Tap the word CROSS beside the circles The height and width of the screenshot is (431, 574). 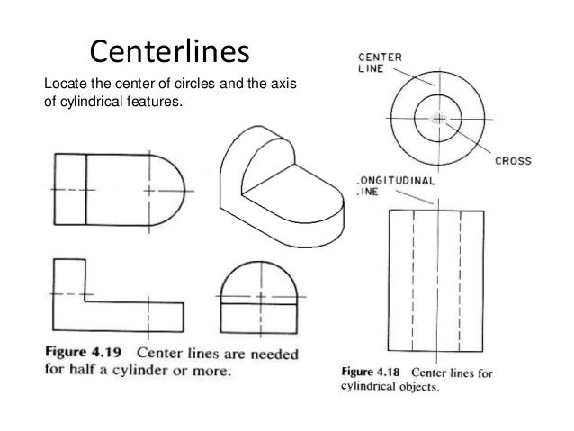513,162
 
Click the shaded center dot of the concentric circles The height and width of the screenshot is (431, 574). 438,118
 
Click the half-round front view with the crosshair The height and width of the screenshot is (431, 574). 261,297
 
